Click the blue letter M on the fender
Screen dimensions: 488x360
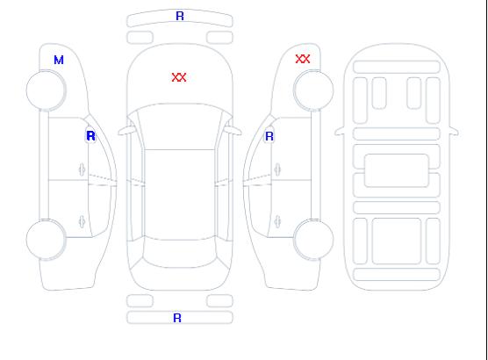59,60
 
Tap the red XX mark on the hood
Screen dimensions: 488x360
179,77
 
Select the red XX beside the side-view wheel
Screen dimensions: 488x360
303,59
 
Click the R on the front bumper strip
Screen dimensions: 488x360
180,16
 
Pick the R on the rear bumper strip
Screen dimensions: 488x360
177,318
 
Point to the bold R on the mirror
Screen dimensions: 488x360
90,136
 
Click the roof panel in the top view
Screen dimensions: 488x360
180,195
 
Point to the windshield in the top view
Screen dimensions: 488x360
180,126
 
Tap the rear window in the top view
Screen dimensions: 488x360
180,253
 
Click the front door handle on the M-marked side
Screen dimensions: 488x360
82,169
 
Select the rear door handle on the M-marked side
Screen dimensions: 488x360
82,221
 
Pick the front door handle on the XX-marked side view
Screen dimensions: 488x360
277,169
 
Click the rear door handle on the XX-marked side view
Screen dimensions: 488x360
277,221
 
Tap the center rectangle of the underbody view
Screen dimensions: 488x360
397,170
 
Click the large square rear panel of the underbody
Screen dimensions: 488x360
397,241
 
